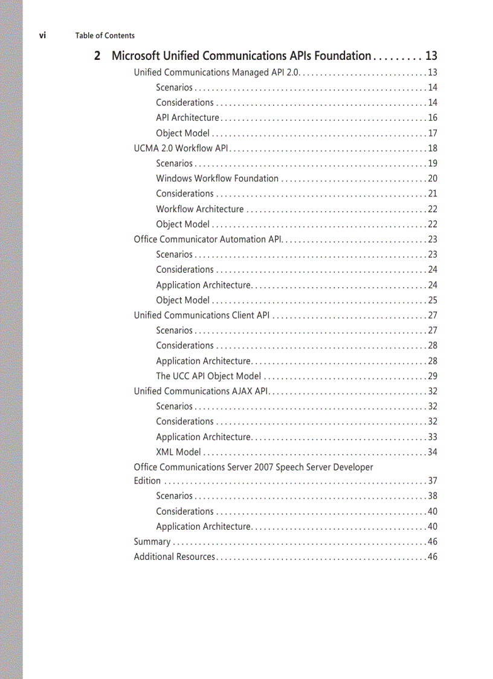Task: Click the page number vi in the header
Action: tap(42, 35)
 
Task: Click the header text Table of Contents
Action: tap(105, 36)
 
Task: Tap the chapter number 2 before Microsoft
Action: tap(97, 56)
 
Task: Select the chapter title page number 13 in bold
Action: tap(431, 56)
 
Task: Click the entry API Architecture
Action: tap(187, 118)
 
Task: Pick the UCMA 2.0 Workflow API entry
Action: tap(180, 148)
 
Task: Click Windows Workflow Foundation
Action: tap(217, 178)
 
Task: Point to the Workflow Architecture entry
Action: tap(199, 209)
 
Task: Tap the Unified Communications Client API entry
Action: tap(202, 315)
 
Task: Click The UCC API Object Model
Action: tap(208, 376)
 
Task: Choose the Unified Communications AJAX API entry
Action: tap(201, 391)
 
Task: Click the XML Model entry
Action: tap(178, 452)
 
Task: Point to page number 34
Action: tap(432, 452)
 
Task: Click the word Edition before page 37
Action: tap(147, 481)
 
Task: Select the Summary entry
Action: tap(152, 542)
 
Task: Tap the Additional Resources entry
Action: tap(174, 557)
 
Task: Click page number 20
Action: tap(432, 178)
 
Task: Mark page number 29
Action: tap(432, 376)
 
